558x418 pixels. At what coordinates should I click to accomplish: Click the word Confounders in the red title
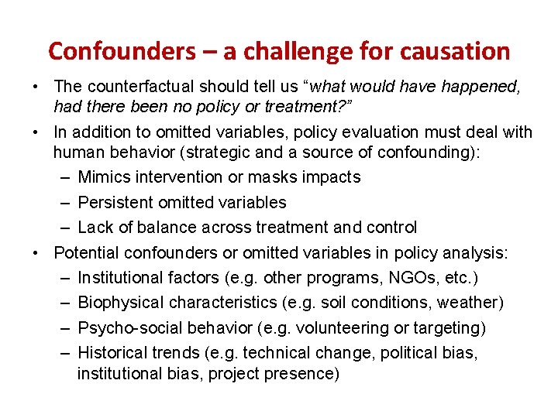pos(122,51)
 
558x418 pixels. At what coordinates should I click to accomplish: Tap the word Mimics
pos(104,177)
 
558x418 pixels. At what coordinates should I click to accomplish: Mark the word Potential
pos(84,252)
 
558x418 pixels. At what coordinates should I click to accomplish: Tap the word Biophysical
pos(120,302)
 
